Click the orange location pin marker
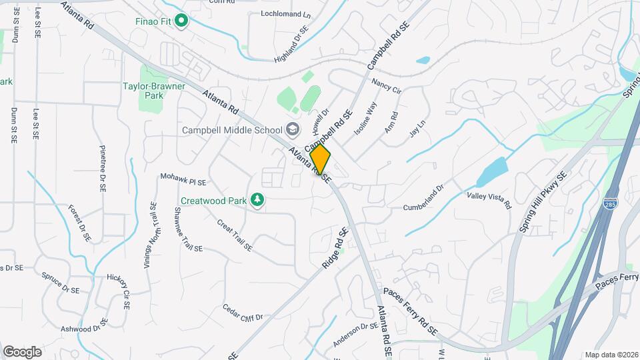tap(321, 159)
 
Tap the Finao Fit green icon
tap(181, 21)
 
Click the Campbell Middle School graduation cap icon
tap(292, 129)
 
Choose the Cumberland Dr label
tap(423, 198)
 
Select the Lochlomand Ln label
tap(286, 14)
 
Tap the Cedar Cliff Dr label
tap(243, 312)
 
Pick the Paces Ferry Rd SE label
tap(410, 311)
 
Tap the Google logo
tap(22, 351)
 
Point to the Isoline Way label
tap(365, 117)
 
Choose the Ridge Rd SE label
tap(335, 249)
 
